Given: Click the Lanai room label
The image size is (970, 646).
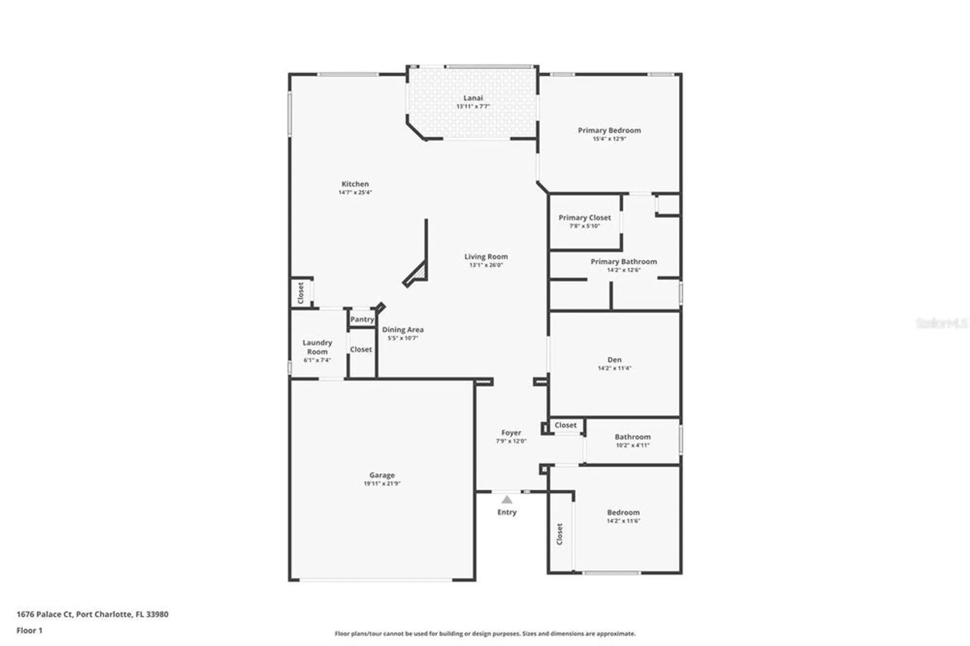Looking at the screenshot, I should tap(473, 98).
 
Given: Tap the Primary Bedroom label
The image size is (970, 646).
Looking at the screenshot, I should tap(609, 130).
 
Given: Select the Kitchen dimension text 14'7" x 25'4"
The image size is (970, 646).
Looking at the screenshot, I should tap(355, 193).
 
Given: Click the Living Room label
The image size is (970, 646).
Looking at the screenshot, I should tap(486, 257).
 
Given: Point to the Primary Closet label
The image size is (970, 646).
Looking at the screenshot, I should tap(584, 218).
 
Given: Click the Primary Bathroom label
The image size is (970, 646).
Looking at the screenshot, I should tap(624, 261).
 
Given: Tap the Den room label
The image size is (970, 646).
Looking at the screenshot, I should tap(614, 360).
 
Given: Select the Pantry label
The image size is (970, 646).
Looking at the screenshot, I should tap(362, 319).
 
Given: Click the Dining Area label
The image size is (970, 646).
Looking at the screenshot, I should tap(403, 330).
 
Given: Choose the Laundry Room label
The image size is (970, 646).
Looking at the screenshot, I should tap(317, 347).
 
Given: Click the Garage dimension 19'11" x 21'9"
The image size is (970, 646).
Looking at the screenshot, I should tap(382, 484).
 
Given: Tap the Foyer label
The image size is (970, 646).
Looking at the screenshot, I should tap(511, 433).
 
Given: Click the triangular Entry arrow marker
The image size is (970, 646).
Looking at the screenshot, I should tap(507, 500).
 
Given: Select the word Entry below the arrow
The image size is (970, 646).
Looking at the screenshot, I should tap(507, 512).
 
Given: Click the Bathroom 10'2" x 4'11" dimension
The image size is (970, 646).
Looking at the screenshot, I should tap(632, 445).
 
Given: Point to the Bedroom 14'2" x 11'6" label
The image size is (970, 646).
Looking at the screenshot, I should tap(623, 513).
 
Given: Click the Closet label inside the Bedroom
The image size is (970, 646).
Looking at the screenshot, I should tap(560, 534).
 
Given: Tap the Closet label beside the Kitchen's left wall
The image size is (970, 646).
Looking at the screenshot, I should tap(301, 293).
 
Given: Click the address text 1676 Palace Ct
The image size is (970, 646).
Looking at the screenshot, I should tap(45, 614).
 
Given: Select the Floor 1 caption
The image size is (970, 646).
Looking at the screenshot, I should tap(30, 630).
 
